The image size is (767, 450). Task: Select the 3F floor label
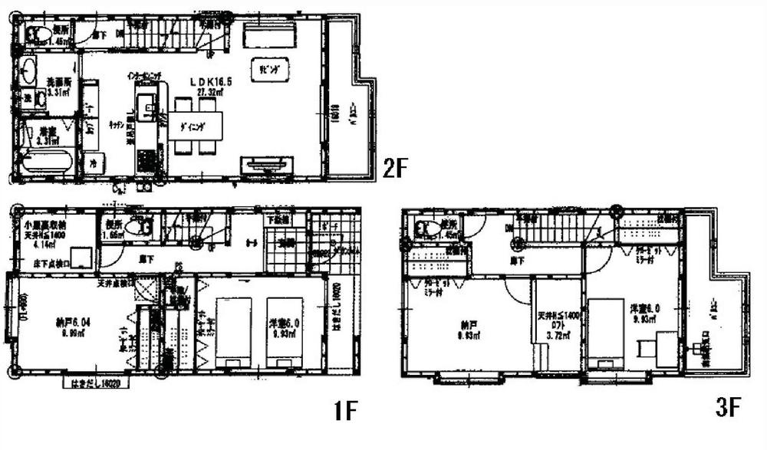pyautogui.click(x=728, y=408)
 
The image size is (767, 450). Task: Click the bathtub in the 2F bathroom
pyautogui.click(x=44, y=162)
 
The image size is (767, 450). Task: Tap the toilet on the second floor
pyautogui.click(x=38, y=33)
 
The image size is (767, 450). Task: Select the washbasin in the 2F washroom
pyautogui.click(x=28, y=71)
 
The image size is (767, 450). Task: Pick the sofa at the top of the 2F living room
pyautogui.click(x=269, y=37)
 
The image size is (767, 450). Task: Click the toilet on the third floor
pyautogui.click(x=426, y=227)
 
